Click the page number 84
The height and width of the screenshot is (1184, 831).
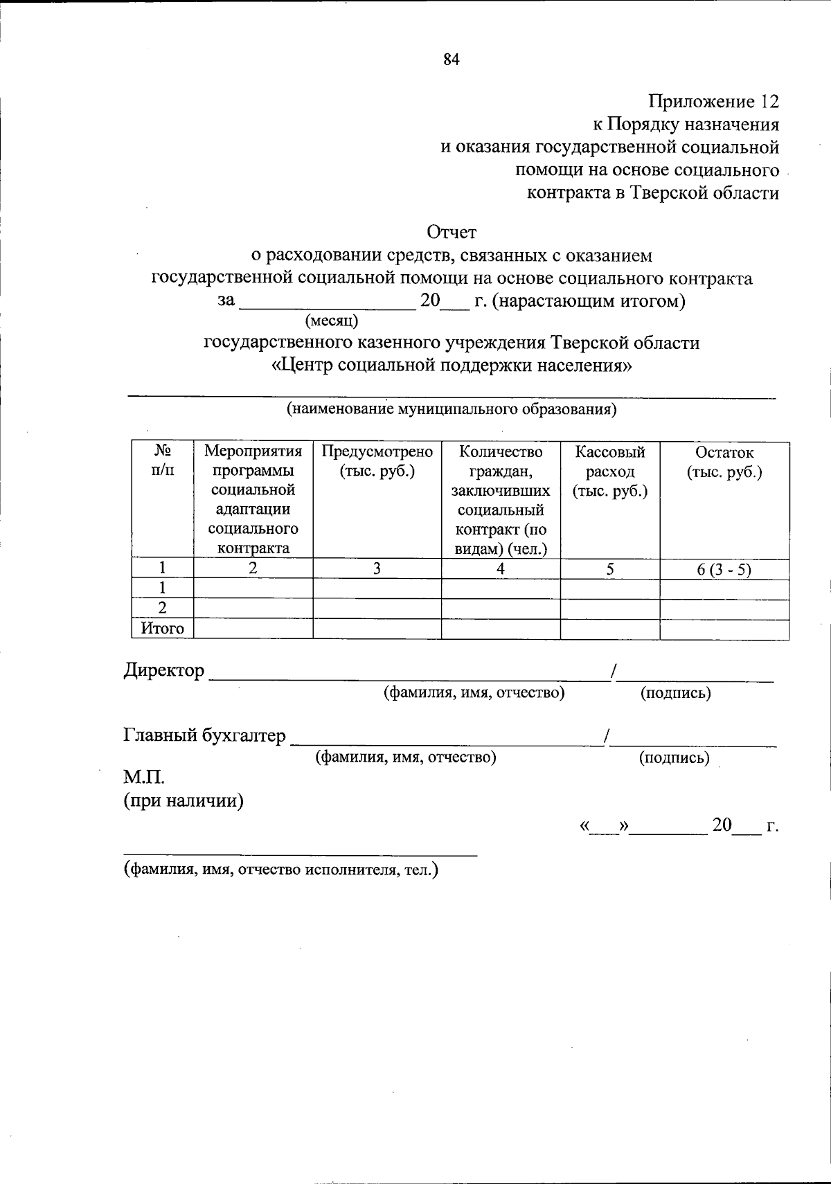[x=452, y=60]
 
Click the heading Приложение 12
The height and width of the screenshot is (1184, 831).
[x=713, y=102]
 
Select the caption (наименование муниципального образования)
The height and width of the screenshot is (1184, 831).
[x=452, y=409]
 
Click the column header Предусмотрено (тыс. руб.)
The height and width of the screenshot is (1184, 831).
[x=377, y=462]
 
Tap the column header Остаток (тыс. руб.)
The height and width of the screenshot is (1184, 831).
[x=724, y=462]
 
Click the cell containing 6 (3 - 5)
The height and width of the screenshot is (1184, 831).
[x=724, y=569]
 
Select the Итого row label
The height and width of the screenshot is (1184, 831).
[x=163, y=629]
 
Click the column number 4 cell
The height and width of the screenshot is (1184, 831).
[x=500, y=569]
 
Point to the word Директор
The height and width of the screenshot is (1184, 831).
[x=164, y=670]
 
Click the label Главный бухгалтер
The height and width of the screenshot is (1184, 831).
[x=204, y=735]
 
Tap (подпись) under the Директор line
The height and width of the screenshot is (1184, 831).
[x=675, y=692]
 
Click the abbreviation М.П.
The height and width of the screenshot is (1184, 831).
[x=143, y=777]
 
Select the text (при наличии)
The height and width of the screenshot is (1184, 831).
[x=184, y=801]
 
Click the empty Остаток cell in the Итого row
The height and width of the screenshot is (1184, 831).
[x=724, y=629]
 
